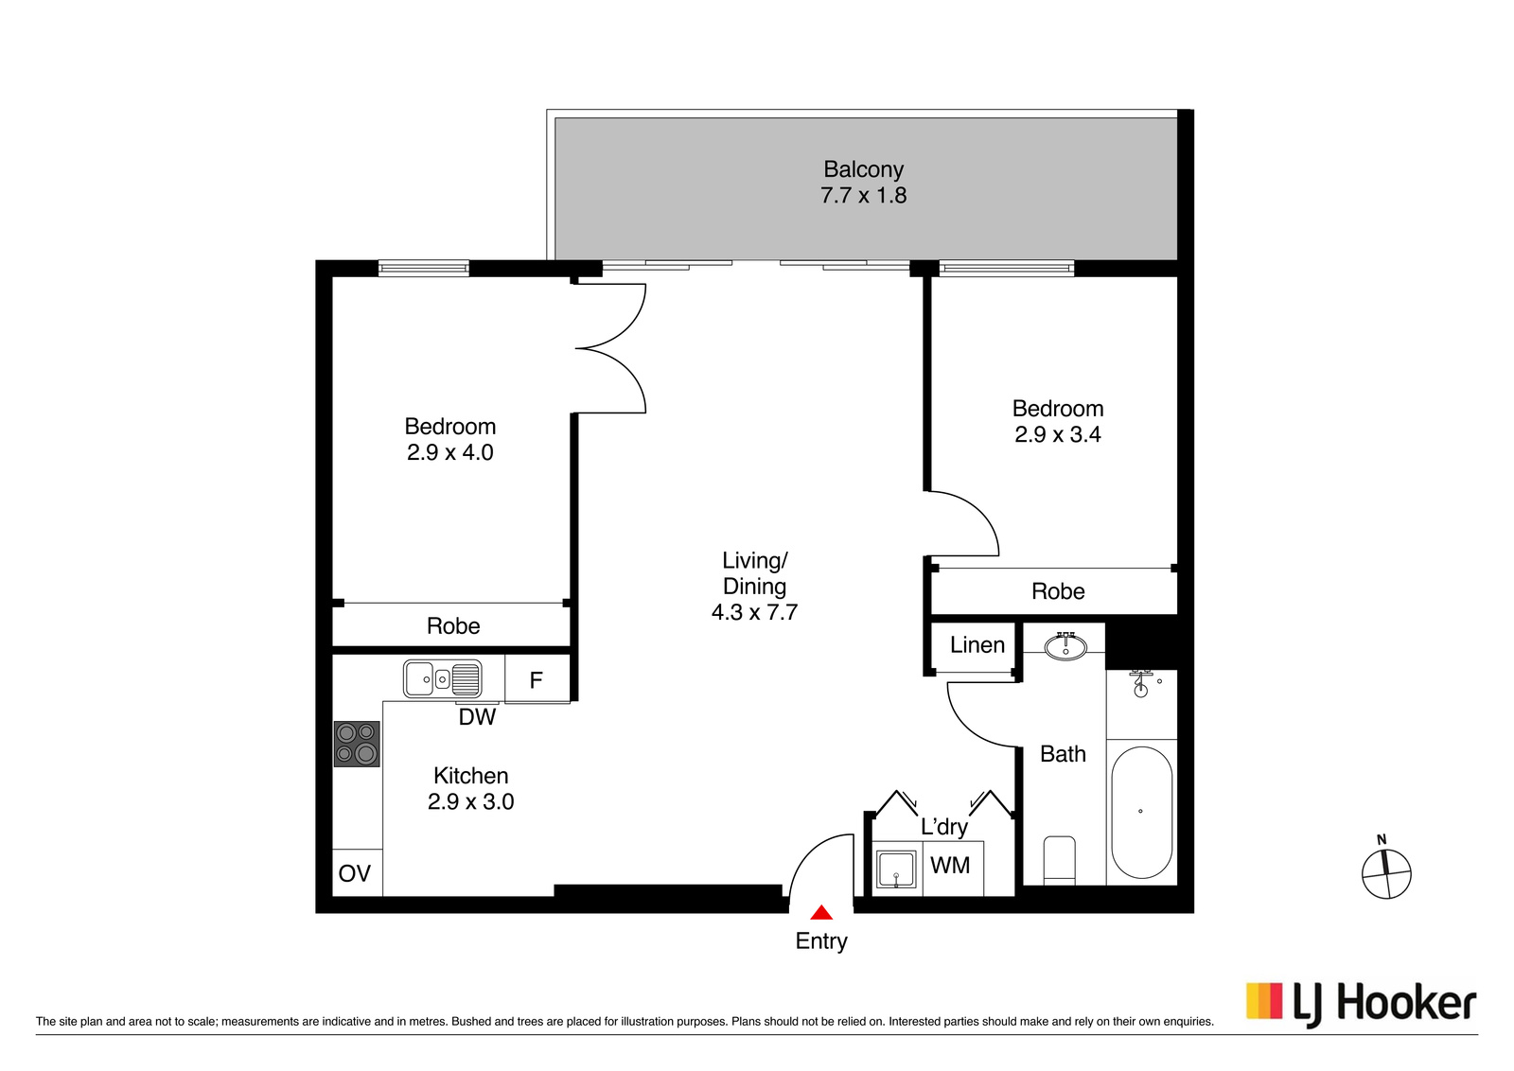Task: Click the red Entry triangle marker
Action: coord(821,913)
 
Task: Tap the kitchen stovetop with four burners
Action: coord(357,744)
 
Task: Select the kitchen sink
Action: coord(443,678)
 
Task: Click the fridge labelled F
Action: coord(537,679)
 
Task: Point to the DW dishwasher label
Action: coord(477,717)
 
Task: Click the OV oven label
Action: coord(355,873)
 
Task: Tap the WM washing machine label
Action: coord(950,865)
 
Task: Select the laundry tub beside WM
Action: coord(896,869)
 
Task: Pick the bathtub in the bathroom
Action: coord(1141,812)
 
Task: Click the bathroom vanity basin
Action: coord(1065,647)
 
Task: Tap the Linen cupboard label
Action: coord(977,644)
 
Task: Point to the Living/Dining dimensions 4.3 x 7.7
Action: coord(754,612)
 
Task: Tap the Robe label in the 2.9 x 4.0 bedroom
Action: coord(453,626)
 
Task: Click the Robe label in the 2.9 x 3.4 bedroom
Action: coord(1058,591)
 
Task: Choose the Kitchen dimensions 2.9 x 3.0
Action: coord(470,801)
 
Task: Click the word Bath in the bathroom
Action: coord(1063,753)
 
